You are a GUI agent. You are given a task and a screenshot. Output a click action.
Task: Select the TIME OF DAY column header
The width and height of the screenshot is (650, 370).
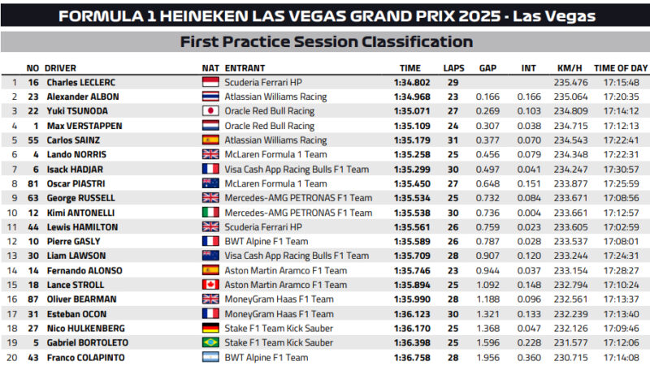[621, 69]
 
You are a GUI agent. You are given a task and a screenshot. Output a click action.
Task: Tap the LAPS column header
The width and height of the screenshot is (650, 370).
[453, 69]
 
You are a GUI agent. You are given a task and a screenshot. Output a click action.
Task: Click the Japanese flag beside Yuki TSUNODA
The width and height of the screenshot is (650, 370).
[210, 111]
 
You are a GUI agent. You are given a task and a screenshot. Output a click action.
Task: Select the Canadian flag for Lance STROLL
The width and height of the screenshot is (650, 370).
[210, 285]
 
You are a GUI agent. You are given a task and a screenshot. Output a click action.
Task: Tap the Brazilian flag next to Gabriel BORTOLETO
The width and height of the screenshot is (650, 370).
[210, 342]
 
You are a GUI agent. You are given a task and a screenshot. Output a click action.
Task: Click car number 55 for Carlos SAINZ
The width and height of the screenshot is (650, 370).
[33, 140]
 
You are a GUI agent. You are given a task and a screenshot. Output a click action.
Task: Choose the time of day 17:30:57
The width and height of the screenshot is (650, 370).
[621, 170]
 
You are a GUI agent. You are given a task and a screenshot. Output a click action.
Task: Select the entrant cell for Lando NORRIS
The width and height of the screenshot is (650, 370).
[275, 155]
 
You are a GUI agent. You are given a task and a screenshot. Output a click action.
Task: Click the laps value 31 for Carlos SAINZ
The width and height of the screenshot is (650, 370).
[453, 140]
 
